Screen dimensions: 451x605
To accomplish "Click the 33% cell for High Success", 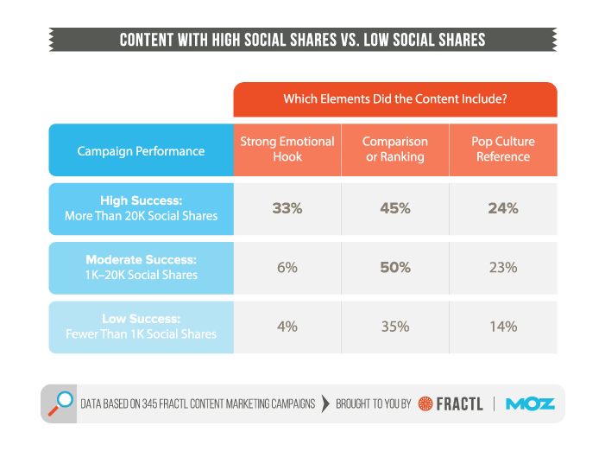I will (287, 208).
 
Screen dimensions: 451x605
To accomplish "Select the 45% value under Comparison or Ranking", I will (395, 208).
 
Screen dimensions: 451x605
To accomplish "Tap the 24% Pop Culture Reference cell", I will (503, 208).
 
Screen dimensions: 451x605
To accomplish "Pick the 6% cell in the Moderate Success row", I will (287, 268).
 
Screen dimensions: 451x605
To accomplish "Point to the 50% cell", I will (395, 268).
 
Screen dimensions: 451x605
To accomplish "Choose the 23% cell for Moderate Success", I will (503, 268).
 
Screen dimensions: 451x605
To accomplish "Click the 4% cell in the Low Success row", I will (287, 327).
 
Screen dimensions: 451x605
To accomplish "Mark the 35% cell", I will (395, 327).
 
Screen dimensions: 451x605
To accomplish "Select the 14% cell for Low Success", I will (503, 327).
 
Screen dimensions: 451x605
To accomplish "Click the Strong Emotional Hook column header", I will (287, 149).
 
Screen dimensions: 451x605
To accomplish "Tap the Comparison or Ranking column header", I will (395, 149).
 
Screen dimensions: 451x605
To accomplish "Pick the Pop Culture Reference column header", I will (503, 149).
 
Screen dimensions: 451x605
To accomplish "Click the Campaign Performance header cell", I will (141, 150).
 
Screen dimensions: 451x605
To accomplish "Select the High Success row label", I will (141, 208).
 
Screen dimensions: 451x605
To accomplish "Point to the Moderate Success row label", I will (141, 268).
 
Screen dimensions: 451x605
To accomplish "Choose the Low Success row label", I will (141, 327).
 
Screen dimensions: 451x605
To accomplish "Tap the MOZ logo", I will (530, 403).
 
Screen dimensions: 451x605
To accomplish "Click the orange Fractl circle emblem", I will (425, 403).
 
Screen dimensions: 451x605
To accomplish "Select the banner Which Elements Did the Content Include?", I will (394, 99).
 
